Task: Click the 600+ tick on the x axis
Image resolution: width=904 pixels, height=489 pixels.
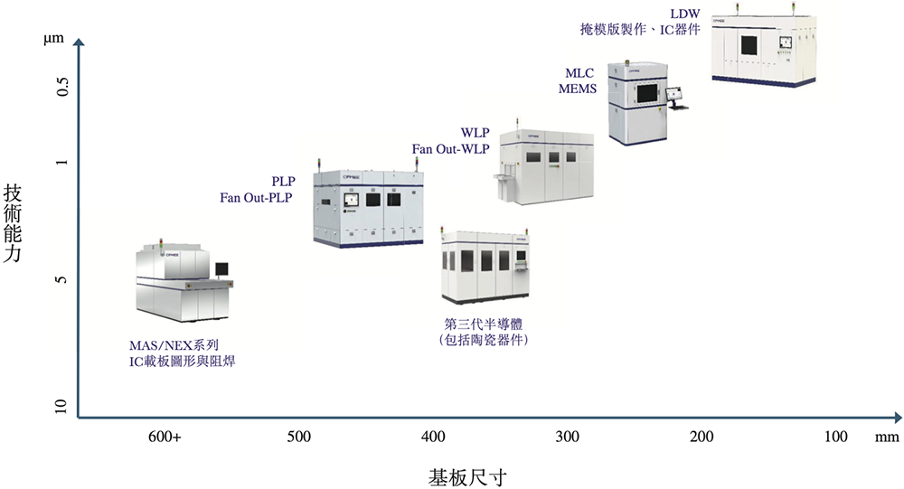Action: click(x=165, y=437)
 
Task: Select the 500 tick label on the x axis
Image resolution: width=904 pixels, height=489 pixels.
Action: click(x=299, y=437)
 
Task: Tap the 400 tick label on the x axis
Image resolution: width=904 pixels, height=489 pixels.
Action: click(x=433, y=437)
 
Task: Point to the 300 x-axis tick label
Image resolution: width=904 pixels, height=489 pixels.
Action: click(x=568, y=437)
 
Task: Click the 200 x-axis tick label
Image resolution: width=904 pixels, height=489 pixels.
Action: click(x=702, y=437)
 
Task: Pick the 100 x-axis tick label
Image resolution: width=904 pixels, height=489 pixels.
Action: click(x=836, y=437)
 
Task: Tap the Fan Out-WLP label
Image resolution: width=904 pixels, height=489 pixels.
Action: click(x=450, y=148)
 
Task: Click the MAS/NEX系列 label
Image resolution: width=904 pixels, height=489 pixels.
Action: click(x=174, y=345)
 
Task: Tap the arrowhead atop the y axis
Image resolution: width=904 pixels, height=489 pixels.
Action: click(x=80, y=42)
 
